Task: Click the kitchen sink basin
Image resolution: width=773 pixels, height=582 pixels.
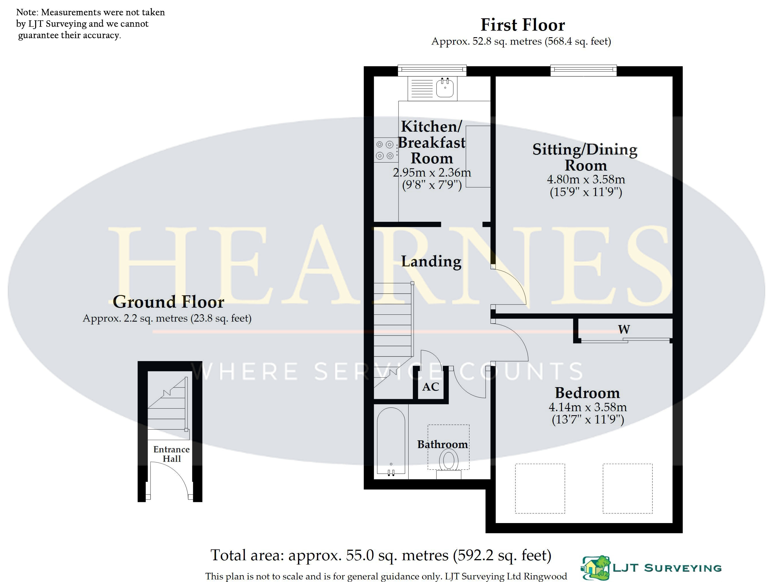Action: [445, 87]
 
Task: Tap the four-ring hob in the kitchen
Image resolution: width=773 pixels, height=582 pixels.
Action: [386, 150]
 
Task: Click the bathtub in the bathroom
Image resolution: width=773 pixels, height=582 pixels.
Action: [391, 443]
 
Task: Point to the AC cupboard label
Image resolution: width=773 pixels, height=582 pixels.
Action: [431, 387]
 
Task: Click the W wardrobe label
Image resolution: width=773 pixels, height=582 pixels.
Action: [624, 329]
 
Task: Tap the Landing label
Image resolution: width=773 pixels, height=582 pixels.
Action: [431, 261]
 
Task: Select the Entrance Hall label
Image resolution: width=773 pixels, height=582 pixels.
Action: [171, 454]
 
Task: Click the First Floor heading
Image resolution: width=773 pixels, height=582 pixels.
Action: [523, 25]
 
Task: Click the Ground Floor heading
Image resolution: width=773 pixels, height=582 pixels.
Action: [168, 302]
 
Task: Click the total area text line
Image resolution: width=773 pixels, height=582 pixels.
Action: [381, 555]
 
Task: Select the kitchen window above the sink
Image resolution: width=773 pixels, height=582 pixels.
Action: [432, 70]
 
